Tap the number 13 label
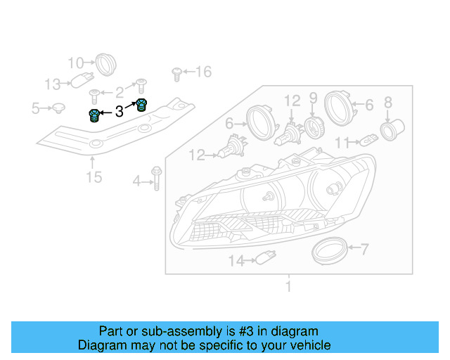click(53, 84)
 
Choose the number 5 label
click(35, 108)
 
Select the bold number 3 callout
click(119, 111)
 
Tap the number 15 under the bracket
click(94, 176)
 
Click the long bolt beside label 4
click(157, 181)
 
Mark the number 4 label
click(136, 183)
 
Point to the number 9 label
click(313, 97)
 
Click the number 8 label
click(387, 103)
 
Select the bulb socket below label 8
click(390, 130)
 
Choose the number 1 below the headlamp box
click(288, 286)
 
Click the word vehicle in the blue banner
click(307, 345)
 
